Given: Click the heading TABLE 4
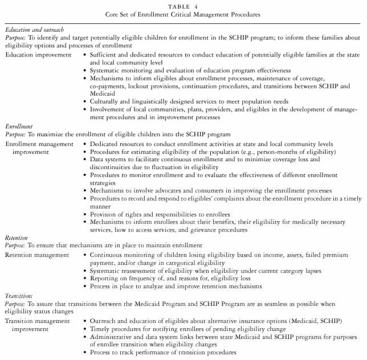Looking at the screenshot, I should tap(183, 5).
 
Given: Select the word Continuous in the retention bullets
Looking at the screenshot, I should tap(109, 255).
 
